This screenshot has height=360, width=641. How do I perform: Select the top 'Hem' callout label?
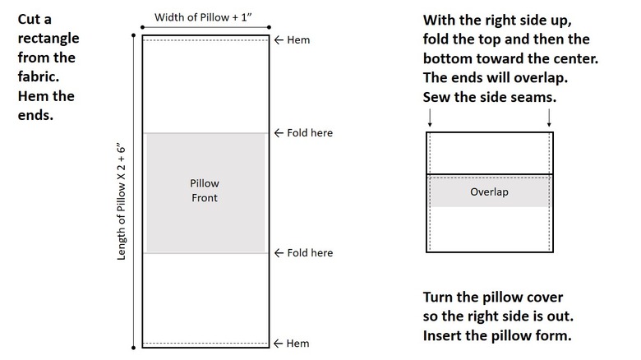point(299,39)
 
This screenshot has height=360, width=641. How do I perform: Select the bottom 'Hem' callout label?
point(299,343)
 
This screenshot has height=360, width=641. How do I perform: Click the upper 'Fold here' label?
point(310,133)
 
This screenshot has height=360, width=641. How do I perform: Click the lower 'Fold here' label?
point(310,252)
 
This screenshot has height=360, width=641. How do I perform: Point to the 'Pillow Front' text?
point(205,191)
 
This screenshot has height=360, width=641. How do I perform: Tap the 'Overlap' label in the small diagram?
point(489,192)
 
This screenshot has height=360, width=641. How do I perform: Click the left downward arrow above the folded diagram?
point(428,119)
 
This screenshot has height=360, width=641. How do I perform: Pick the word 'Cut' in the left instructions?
point(30,18)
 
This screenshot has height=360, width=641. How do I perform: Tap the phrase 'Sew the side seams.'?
point(491,96)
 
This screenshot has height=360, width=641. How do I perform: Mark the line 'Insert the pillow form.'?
point(496,335)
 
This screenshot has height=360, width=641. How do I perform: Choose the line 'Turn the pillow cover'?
point(493,297)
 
